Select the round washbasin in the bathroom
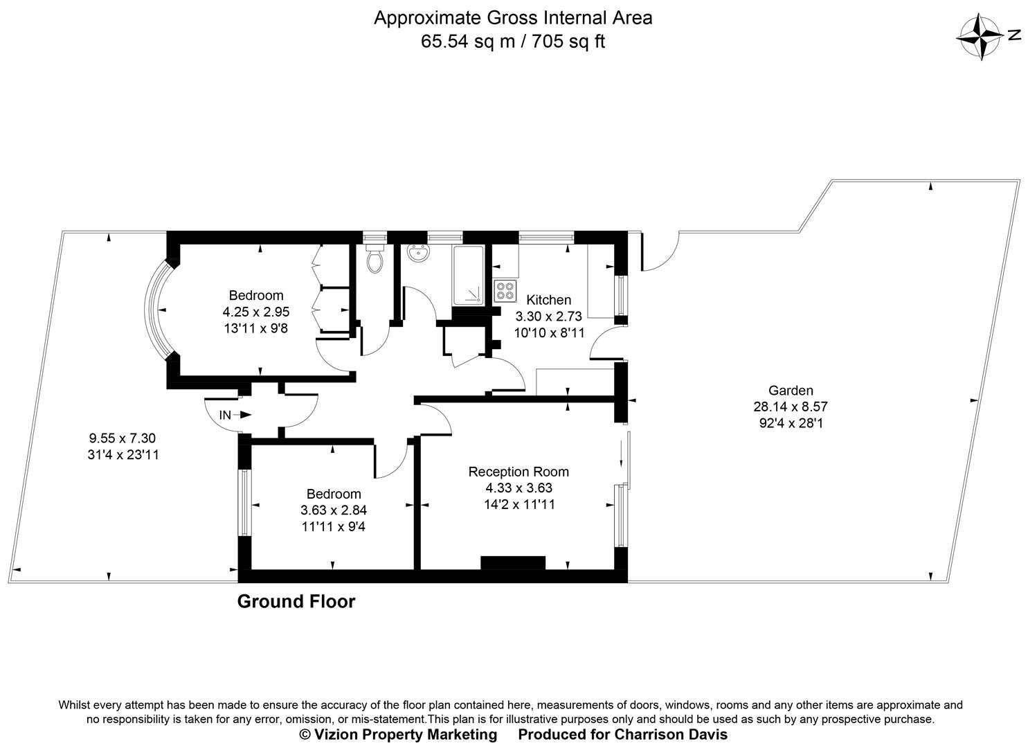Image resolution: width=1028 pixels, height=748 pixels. tap(417, 254)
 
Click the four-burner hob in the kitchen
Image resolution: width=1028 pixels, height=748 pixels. tap(505, 291)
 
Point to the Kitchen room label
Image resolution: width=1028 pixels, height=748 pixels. tap(549, 300)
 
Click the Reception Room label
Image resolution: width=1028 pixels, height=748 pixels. tap(518, 472)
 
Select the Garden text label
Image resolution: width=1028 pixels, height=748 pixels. tap(790, 390)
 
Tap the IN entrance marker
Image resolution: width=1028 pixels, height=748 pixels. tap(226, 415)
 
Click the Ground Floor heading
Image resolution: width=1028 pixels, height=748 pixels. tap(296, 601)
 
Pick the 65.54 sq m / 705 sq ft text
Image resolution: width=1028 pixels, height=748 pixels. tap(513, 42)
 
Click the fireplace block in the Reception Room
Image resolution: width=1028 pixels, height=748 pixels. tap(513, 562)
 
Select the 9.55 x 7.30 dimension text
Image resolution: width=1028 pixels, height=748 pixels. tap(123, 438)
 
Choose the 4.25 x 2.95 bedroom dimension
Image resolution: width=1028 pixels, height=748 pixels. tap(256, 312)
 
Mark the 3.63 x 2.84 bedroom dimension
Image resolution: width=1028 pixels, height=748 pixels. tap(334, 510)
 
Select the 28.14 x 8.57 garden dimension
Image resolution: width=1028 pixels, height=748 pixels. tap(790, 407)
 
